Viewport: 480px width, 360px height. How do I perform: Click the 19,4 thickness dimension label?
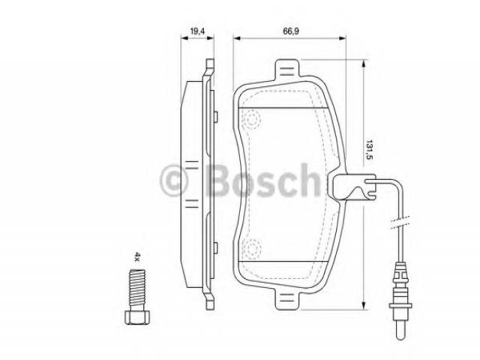[x=197, y=31]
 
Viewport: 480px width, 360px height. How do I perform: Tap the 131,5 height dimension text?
[x=370, y=150]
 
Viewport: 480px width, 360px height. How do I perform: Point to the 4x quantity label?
[x=137, y=256]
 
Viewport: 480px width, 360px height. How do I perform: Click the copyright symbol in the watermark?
[x=173, y=180]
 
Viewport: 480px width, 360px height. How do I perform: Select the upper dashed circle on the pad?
[x=252, y=119]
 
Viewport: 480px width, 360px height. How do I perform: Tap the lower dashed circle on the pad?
[x=252, y=247]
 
